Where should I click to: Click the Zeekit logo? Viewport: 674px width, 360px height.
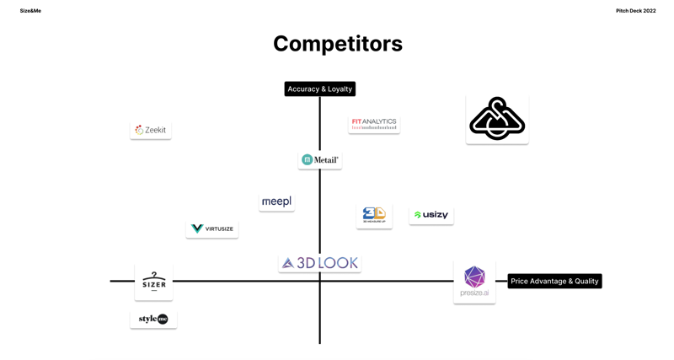[151, 130]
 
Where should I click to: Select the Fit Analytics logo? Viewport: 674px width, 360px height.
[374, 124]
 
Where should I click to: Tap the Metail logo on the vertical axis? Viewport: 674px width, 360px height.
[320, 159]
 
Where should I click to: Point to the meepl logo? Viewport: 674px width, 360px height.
[276, 201]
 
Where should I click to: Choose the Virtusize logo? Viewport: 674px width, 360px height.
[212, 228]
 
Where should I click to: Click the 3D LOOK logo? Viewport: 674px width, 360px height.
[320, 263]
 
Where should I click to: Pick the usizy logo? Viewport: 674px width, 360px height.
[431, 215]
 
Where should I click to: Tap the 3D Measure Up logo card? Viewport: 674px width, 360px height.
[374, 216]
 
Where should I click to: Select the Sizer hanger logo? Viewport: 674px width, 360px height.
[154, 282]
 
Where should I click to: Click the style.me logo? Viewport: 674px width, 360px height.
[153, 319]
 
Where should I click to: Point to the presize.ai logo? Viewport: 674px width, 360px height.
[474, 282]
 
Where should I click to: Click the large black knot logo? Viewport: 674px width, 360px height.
[497, 119]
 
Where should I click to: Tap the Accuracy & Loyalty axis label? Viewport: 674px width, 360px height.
[320, 89]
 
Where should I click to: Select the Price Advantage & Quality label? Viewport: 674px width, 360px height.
[554, 281]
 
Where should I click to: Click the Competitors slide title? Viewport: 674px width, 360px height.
[337, 44]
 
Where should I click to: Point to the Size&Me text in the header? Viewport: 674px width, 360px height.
[30, 11]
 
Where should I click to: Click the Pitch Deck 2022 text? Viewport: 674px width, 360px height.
[635, 11]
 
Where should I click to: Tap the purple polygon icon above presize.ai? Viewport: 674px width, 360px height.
[474, 276]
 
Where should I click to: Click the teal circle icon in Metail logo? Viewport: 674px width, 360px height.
[308, 159]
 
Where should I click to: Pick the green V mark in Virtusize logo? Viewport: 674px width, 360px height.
[197, 228]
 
